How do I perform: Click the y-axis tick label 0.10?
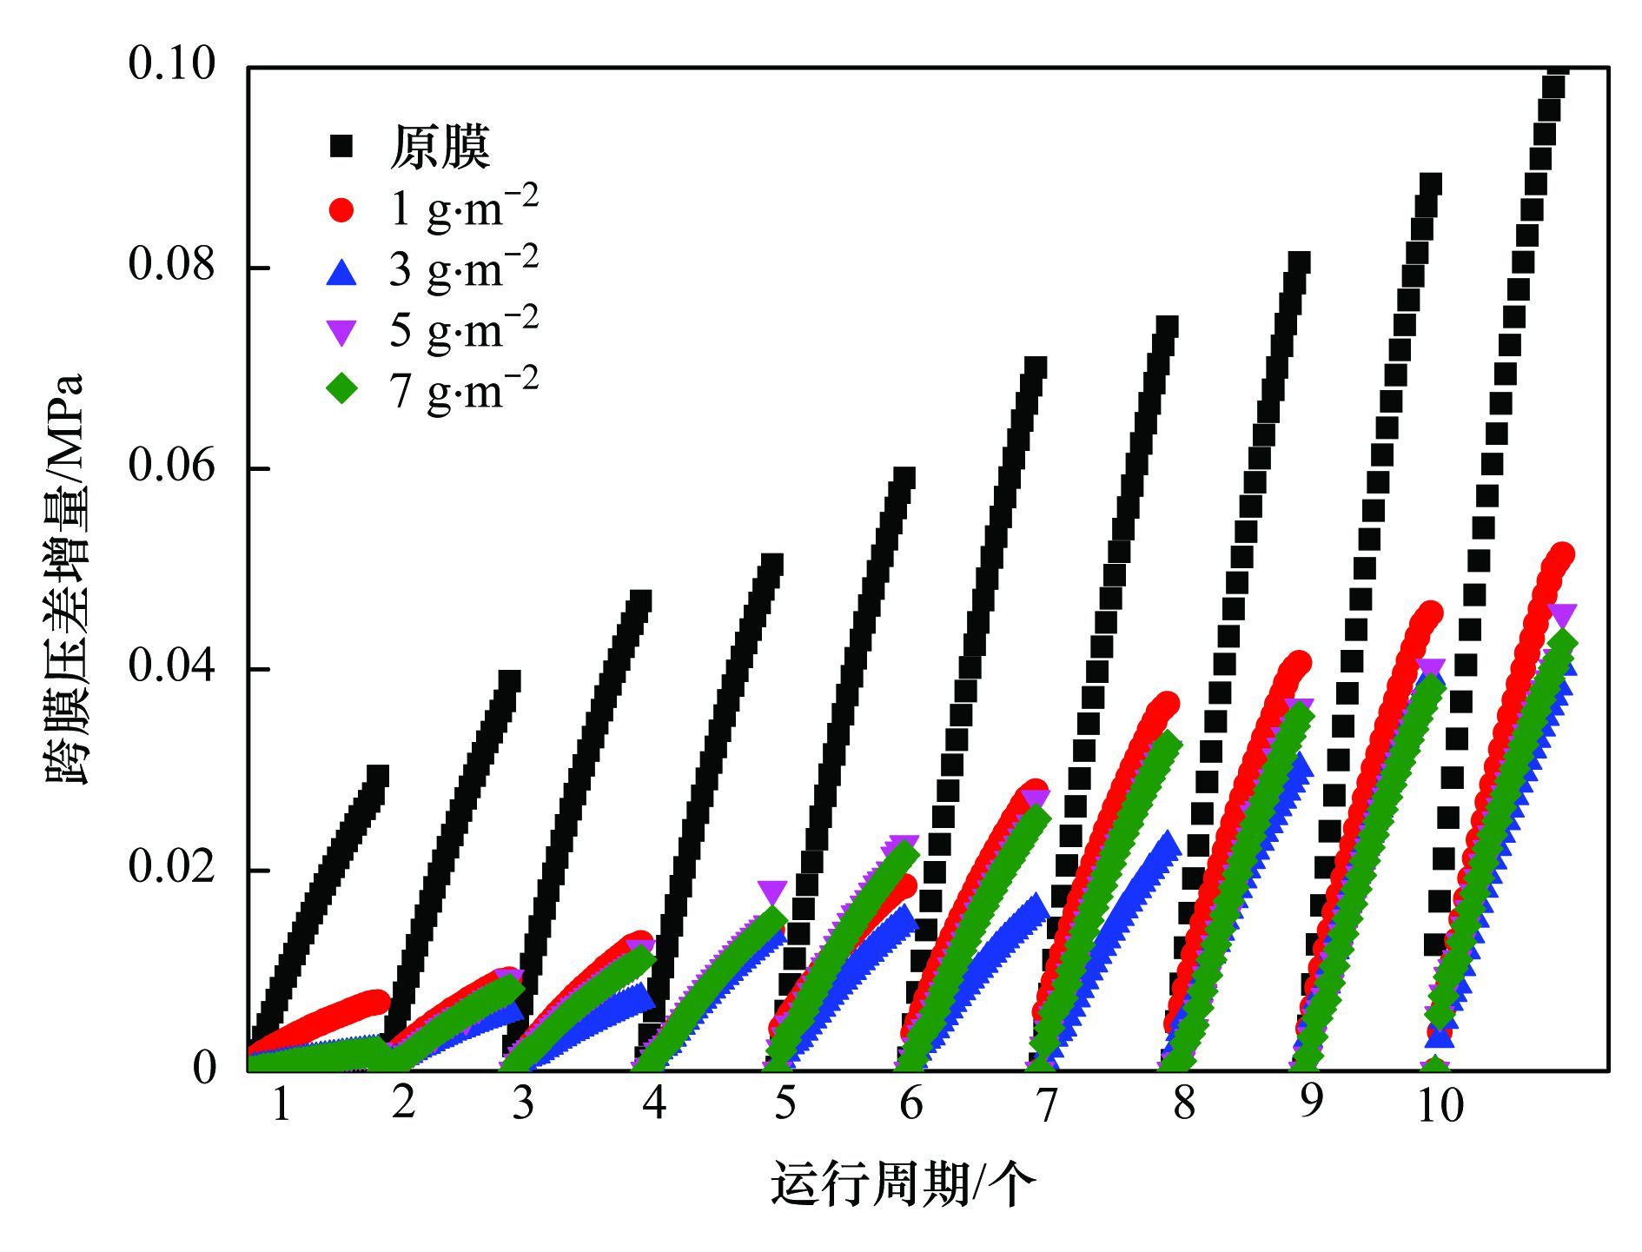tap(171, 63)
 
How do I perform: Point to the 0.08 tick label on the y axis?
tap(171, 264)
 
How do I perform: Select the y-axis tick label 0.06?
tap(171, 466)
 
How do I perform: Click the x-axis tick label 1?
tap(281, 1105)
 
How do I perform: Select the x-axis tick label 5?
tap(785, 1103)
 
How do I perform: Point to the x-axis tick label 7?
tap(1048, 1105)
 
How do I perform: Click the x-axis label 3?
tap(522, 1103)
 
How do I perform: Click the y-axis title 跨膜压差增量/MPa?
tap(64, 579)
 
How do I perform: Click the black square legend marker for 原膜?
tap(341, 147)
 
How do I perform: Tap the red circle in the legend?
tap(341, 209)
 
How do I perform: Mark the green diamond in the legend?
tap(341, 389)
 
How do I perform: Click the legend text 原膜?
tap(440, 147)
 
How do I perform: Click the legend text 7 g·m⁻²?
tap(463, 388)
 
